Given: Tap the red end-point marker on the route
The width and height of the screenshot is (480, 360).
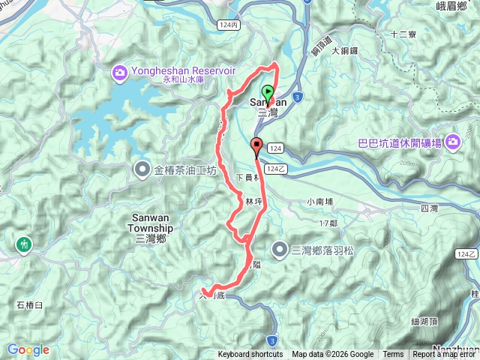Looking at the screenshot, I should pos(256,146).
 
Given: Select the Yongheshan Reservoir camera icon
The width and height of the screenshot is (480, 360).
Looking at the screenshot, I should pos(119,72).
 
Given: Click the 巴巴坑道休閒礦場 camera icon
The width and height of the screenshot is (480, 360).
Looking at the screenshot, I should pos(452,142).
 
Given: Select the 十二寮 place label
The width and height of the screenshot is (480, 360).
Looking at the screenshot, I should pos(404,34).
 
